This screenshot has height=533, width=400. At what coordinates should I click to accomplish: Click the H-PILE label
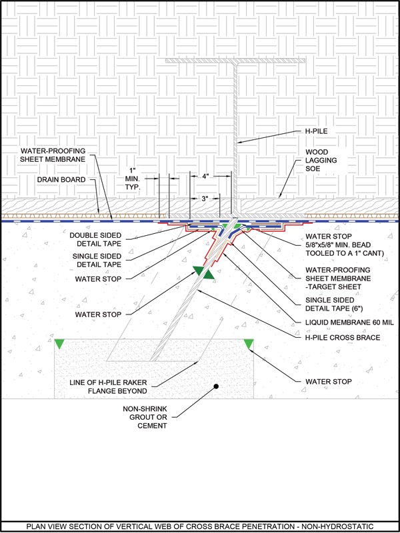tap(316, 131)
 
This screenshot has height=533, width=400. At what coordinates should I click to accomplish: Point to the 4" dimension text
tap(205, 176)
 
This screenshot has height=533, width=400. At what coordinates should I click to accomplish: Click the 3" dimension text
tap(205, 199)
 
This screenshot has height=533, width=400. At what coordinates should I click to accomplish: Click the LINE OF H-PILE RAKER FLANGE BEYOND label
tap(109, 387)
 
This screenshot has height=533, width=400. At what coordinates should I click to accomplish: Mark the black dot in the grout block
tap(215, 386)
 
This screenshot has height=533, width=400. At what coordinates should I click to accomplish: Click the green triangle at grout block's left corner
tap(59, 344)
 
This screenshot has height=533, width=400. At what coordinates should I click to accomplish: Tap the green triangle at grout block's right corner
tap(249, 344)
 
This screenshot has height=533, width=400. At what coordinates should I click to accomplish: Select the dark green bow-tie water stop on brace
tap(203, 272)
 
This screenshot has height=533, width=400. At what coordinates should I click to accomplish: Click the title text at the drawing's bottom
tap(199, 526)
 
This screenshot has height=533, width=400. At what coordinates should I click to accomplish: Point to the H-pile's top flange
tap(235, 61)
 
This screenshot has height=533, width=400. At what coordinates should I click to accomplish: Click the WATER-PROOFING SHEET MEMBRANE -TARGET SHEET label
tap(338, 278)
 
